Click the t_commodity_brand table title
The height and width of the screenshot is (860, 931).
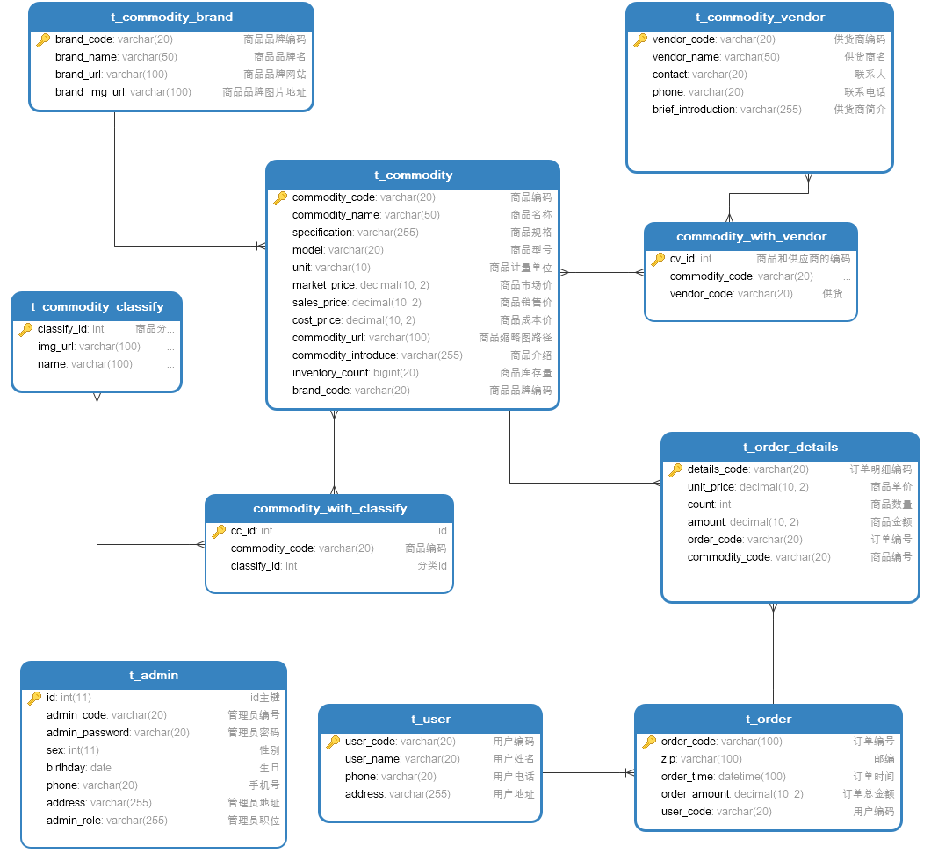171,17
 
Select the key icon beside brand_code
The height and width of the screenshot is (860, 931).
43,39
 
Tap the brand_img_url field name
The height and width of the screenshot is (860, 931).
90,92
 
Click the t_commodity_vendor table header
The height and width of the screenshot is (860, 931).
760,17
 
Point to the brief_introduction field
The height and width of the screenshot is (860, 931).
694,110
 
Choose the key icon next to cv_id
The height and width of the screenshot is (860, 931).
658,259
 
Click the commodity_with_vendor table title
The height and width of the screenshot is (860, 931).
751,236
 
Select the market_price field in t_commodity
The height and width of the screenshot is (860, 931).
324,285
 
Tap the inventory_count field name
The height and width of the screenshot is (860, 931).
330,373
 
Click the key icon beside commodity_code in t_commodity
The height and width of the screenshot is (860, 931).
280,197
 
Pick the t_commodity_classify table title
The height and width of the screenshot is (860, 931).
97,306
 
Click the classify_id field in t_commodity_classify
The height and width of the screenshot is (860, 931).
62,329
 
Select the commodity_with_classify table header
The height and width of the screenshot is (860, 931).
329,508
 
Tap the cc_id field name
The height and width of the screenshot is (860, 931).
243,531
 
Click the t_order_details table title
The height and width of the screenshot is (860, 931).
790,447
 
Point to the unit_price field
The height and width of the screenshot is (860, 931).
711,487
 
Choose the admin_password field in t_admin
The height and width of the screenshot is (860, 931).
88,733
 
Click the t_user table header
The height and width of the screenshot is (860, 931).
430,719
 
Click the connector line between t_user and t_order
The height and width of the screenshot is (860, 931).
584,773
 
